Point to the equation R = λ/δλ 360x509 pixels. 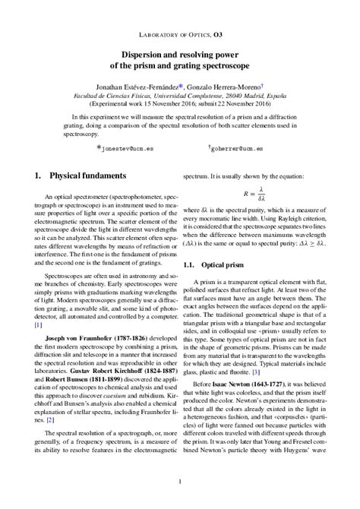[261, 194]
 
